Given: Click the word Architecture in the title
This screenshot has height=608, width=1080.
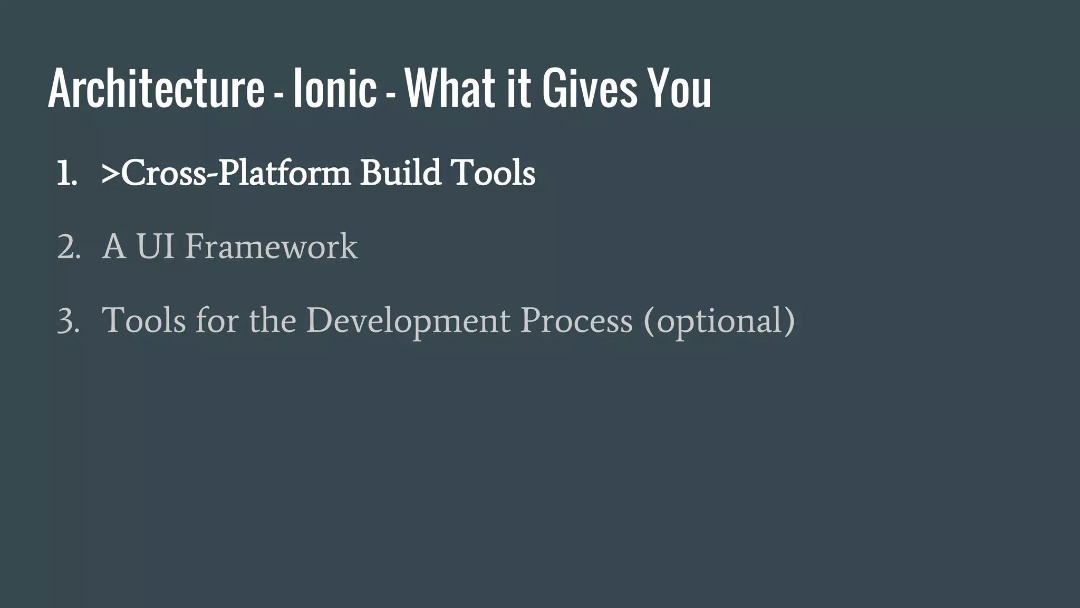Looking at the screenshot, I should click(156, 89).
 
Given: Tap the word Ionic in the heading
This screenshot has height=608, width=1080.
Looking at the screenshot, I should click(335, 89).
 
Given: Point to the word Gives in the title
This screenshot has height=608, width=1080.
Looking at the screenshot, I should click(591, 89).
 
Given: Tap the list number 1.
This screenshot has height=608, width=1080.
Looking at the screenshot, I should click(66, 173).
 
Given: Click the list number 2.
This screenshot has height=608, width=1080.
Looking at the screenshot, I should click(68, 247).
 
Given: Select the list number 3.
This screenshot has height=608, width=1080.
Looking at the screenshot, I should click(68, 321).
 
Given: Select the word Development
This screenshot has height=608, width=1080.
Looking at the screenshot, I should click(408, 321).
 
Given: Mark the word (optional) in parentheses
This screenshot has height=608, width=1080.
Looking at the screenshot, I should click(719, 321).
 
